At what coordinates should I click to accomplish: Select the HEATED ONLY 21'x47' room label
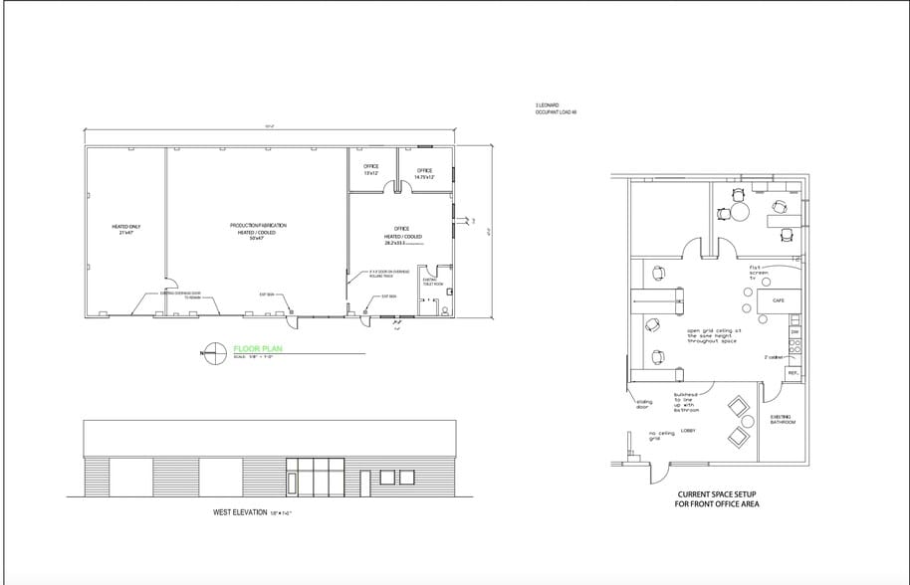pos(126,230)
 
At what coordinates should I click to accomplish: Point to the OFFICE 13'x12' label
pos(371,169)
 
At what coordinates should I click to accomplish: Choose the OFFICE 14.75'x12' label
pos(424,172)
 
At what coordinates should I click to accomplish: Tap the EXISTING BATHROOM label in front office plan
pos(782,419)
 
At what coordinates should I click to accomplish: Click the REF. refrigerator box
pos(793,373)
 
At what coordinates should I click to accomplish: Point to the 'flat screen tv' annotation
pos(760,273)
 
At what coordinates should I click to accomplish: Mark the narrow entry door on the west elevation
pos(292,484)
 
